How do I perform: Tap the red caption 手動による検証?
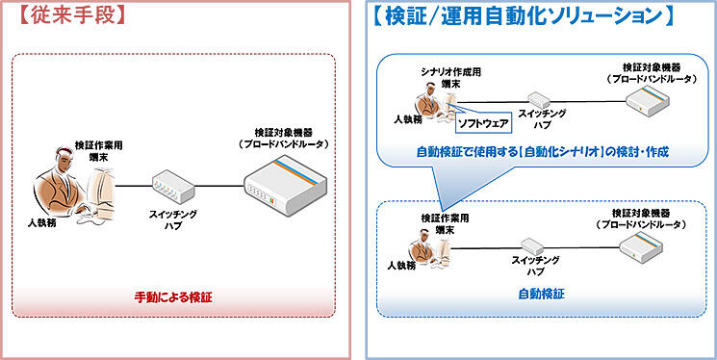pyautogui.click(x=172, y=297)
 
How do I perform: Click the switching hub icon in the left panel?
pyautogui.click(x=172, y=183)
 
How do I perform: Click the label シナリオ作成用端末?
pyautogui.click(x=444, y=79)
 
